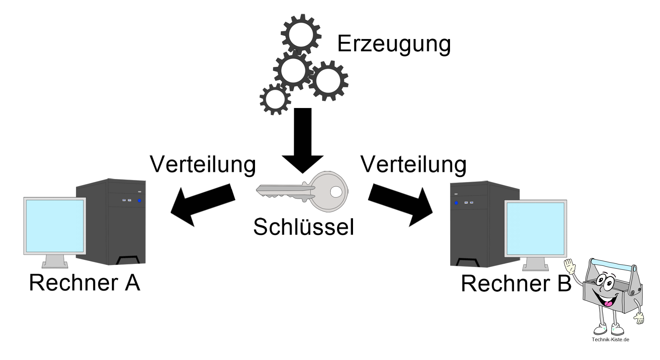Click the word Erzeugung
(394, 44)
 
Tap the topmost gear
(301, 34)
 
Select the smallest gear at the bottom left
(275, 99)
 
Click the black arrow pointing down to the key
(303, 140)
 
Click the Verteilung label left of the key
(203, 164)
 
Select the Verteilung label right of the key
(413, 164)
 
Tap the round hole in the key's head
(336, 192)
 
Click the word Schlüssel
(303, 227)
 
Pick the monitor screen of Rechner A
(55, 226)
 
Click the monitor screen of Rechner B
(535, 228)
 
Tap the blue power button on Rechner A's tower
(139, 201)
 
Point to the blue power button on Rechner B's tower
(456, 203)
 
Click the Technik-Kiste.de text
(610, 340)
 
